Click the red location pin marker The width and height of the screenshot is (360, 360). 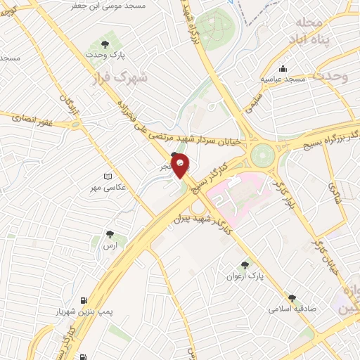(181, 165)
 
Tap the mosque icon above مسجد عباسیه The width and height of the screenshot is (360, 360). (283, 69)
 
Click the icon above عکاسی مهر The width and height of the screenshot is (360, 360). (107, 176)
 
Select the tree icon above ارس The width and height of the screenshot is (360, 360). (110, 234)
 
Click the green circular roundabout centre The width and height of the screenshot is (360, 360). (264, 153)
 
